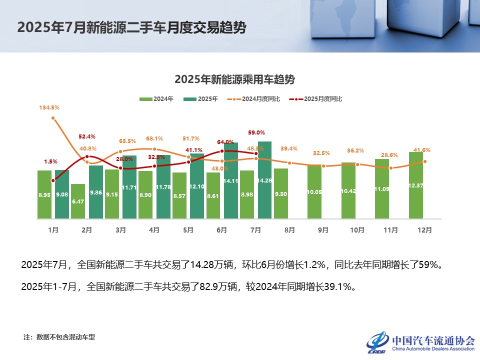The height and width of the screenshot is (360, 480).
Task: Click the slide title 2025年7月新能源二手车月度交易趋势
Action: (x=131, y=27)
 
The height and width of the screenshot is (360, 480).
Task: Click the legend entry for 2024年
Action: (x=156, y=99)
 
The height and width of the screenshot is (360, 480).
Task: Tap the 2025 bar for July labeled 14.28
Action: (x=265, y=180)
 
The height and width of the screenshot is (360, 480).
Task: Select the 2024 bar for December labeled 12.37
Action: (x=416, y=185)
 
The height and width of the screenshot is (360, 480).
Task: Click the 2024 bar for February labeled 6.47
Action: (x=78, y=201)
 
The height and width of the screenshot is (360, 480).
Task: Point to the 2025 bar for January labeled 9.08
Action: (x=62, y=194)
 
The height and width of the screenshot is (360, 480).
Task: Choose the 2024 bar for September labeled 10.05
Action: (x=314, y=192)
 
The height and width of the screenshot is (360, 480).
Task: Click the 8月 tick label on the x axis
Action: (x=289, y=230)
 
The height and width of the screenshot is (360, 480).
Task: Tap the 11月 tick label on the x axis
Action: (x=390, y=230)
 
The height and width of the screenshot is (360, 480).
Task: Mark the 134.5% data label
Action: (x=49, y=107)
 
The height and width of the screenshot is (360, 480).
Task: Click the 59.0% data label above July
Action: (x=256, y=132)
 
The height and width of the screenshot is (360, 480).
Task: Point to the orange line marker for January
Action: (x=53, y=118)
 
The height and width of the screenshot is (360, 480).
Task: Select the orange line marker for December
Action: (x=425, y=161)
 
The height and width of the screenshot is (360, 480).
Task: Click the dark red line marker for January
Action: (x=53, y=180)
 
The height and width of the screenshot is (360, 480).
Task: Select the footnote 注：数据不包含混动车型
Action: (x=59, y=337)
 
